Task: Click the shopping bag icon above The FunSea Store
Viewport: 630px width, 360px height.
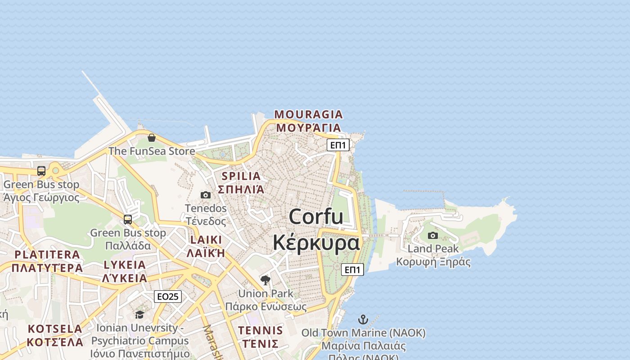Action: (x=152, y=138)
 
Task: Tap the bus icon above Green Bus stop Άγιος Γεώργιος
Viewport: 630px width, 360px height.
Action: (x=41, y=171)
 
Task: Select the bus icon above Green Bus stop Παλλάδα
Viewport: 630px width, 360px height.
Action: (x=128, y=220)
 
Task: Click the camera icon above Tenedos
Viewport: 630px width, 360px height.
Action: (x=206, y=195)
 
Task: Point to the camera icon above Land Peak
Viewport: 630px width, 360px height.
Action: (x=433, y=235)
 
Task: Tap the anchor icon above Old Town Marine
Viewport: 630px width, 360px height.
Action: (x=363, y=320)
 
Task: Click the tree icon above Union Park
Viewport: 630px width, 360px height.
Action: (x=265, y=280)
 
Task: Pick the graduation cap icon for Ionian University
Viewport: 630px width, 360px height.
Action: (x=140, y=315)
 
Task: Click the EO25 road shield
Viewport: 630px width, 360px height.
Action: (x=168, y=297)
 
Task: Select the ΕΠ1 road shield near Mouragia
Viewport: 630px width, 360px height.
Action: (x=338, y=145)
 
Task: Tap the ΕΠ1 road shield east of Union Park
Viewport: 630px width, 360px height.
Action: (x=352, y=270)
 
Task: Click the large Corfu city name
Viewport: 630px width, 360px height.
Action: (x=316, y=216)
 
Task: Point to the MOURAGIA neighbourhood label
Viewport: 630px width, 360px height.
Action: (x=309, y=114)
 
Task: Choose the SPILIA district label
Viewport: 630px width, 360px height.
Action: (x=242, y=176)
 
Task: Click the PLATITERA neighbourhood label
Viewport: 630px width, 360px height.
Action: (x=47, y=255)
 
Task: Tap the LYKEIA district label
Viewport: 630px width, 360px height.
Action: (x=125, y=265)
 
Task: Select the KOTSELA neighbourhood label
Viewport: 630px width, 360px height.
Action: (x=55, y=329)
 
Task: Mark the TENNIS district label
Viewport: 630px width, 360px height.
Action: (x=261, y=330)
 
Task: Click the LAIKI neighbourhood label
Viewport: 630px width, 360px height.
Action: (x=206, y=239)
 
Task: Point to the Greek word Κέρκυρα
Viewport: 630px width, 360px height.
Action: (x=316, y=243)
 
